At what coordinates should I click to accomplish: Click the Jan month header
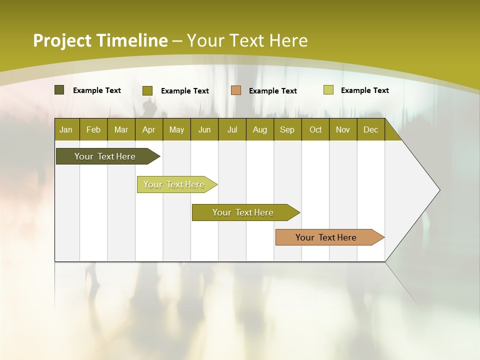pyautogui.click(x=66, y=129)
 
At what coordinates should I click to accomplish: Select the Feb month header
pyautogui.click(x=93, y=129)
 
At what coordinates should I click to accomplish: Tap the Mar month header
pyautogui.click(x=121, y=129)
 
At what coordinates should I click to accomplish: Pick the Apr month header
pyautogui.click(x=148, y=129)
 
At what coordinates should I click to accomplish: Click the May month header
pyautogui.click(x=176, y=129)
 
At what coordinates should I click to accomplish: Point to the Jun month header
pyautogui.click(x=204, y=129)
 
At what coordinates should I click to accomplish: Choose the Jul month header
pyautogui.click(x=232, y=129)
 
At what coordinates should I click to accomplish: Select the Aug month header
pyautogui.click(x=259, y=129)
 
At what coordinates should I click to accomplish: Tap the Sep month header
pyautogui.click(x=287, y=129)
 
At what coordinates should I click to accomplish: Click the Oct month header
pyautogui.click(x=315, y=129)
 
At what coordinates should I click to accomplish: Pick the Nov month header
pyautogui.click(x=343, y=129)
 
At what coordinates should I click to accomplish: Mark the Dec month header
pyautogui.click(x=370, y=129)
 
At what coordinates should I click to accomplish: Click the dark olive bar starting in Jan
pyautogui.click(x=105, y=156)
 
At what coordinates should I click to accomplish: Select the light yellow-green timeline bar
pyautogui.click(x=174, y=184)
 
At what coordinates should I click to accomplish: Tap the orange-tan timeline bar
pyautogui.click(x=326, y=237)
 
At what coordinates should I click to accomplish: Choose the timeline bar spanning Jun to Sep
pyautogui.click(x=243, y=212)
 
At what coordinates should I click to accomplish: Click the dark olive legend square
pyautogui.click(x=59, y=90)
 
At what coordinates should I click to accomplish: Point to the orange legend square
pyautogui.click(x=236, y=90)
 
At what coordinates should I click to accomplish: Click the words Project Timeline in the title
pyautogui.click(x=100, y=40)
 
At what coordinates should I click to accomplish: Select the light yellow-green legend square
pyautogui.click(x=328, y=90)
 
